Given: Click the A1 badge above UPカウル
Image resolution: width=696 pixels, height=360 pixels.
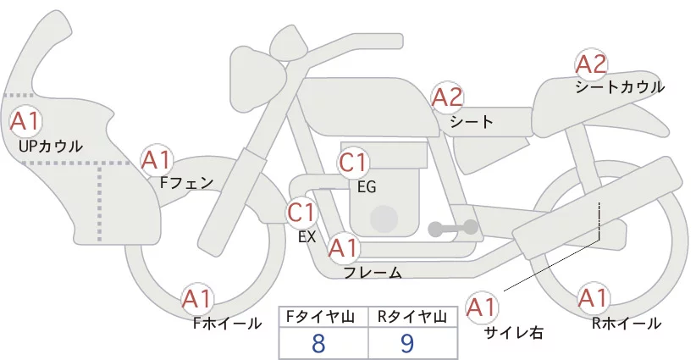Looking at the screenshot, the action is click(x=25, y=121).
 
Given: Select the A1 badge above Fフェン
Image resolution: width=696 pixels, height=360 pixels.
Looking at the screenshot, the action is click(x=157, y=160).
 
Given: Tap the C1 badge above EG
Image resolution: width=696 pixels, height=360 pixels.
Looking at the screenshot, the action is click(x=353, y=163).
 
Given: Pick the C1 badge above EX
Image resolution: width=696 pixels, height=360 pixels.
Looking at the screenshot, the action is click(x=301, y=212).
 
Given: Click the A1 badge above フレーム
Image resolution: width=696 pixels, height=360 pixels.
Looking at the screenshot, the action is click(x=343, y=247).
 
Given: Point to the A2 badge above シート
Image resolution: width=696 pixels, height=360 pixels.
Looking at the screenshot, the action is click(x=447, y=97).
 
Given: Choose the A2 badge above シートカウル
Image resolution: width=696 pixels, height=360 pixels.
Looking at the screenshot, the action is click(x=591, y=64).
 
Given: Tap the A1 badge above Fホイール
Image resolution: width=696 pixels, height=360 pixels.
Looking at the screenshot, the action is click(x=197, y=299).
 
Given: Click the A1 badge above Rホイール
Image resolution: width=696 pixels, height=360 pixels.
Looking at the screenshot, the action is click(x=593, y=298).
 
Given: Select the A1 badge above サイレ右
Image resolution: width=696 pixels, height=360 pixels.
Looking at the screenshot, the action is click(x=482, y=307).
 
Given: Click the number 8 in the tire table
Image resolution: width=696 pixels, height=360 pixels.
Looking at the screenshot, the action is click(x=318, y=343).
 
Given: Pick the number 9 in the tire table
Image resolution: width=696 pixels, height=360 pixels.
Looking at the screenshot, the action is click(x=407, y=343).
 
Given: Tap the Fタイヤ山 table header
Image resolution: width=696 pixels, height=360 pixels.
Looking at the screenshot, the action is click(x=320, y=317).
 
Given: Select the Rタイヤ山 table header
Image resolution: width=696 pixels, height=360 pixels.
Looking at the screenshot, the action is click(x=412, y=317).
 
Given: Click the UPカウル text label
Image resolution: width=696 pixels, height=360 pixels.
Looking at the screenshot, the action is click(x=51, y=146).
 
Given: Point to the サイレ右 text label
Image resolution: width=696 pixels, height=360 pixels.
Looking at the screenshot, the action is click(x=514, y=333).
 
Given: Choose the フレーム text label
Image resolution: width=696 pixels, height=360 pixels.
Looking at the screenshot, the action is click(x=373, y=273).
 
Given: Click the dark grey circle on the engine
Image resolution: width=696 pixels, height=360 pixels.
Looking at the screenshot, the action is click(x=384, y=219).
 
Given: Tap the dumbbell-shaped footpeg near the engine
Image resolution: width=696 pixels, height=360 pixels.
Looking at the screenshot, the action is click(x=453, y=228).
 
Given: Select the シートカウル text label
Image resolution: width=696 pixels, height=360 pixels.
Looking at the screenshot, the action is click(x=620, y=87).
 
